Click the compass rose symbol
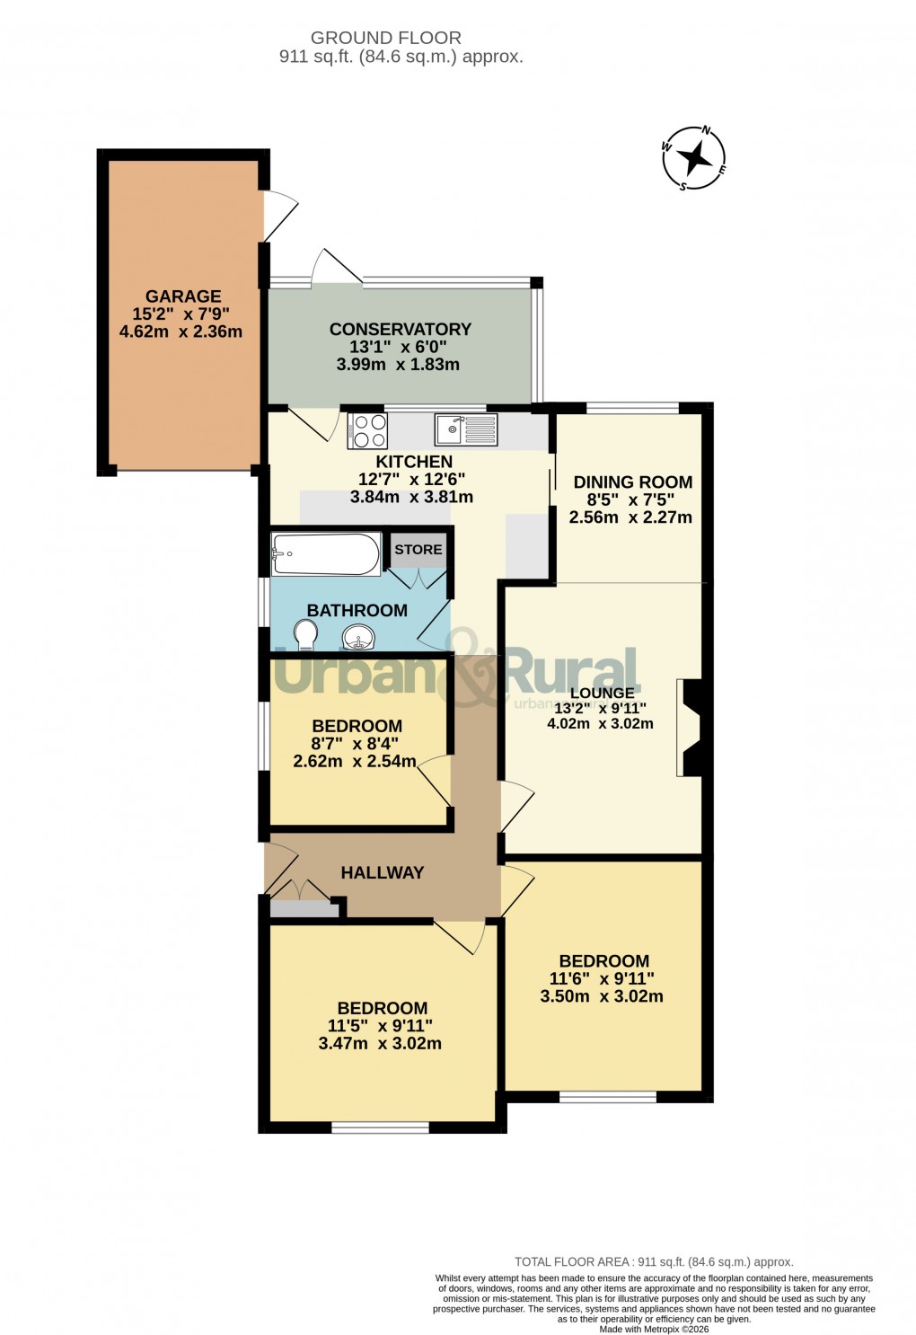coord(693,159)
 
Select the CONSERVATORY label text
coord(400,329)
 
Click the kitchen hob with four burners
coord(367,431)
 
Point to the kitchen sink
coord(465,429)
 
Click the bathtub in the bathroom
coord(326,554)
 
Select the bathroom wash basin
coord(358,639)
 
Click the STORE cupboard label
coord(418,549)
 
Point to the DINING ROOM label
coord(632,482)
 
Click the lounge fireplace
coord(692,728)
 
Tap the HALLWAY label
coord(382,872)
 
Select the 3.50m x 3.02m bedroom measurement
coord(602,996)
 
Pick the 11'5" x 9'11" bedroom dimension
coord(380,1026)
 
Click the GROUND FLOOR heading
coord(386,38)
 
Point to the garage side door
coord(278,215)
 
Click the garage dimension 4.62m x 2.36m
coord(181,332)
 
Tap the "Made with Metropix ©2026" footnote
coord(654,1330)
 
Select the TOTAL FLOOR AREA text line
coord(654,1262)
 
